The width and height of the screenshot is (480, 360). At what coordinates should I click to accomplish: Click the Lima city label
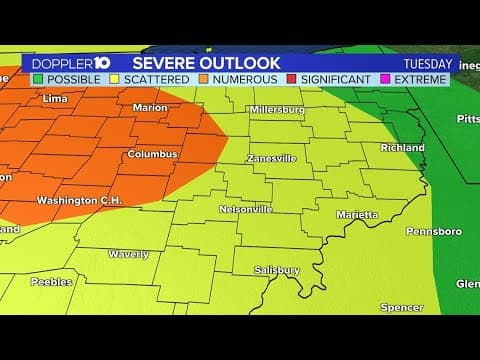tap(56, 98)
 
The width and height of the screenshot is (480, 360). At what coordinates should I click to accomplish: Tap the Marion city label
tap(150, 107)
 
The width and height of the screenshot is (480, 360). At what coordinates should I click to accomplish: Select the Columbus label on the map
tap(152, 154)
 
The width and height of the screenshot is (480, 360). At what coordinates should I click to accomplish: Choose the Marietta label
tap(356, 214)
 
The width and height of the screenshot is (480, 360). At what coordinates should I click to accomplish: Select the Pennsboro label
tap(433, 231)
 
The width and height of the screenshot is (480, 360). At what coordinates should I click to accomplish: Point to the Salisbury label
tap(277, 270)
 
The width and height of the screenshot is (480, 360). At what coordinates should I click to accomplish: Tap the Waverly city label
tap(128, 254)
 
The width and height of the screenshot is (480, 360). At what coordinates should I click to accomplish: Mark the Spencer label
tap(401, 307)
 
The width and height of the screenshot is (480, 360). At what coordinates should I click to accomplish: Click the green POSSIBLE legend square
tap(38, 79)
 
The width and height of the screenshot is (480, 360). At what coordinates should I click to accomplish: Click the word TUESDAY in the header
tap(427, 63)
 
